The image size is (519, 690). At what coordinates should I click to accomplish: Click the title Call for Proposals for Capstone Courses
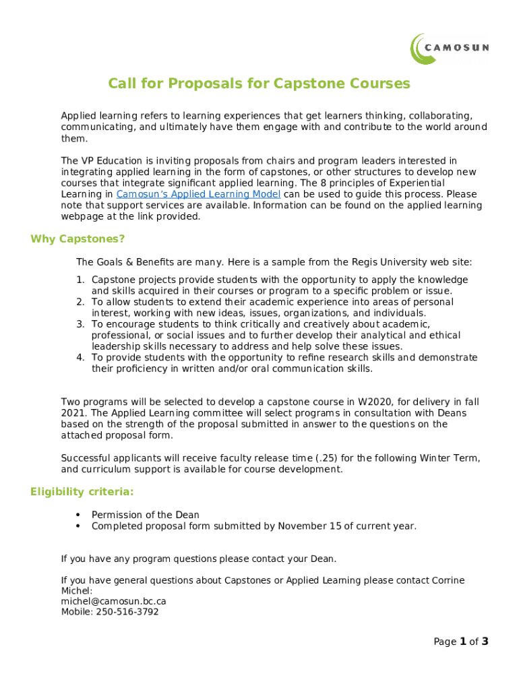[259, 84]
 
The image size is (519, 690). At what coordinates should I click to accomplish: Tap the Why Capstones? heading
[78, 239]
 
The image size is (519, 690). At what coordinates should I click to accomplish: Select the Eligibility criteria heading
[82, 491]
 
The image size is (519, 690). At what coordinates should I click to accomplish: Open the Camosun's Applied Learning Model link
[198, 194]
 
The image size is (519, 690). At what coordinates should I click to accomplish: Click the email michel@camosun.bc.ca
[113, 601]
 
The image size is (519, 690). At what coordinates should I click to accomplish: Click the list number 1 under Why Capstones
[80, 280]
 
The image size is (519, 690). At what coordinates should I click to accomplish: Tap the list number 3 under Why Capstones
[80, 324]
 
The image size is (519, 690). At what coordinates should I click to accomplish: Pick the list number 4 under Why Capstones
[80, 358]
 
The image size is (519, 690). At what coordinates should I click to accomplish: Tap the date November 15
[309, 526]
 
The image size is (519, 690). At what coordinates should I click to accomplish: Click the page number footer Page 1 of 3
[460, 641]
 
